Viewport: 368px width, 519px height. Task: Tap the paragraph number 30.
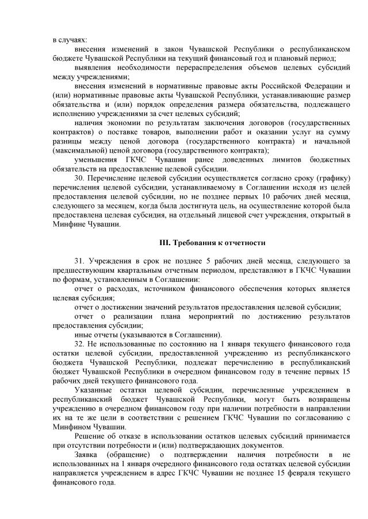[x=80, y=180]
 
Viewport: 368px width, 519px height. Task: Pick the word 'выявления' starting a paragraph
[x=94, y=67]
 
